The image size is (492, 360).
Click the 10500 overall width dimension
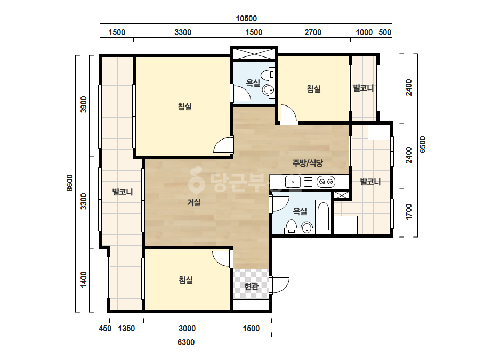pyautogui.click(x=246, y=19)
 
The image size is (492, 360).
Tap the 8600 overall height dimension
pyautogui.click(x=70, y=183)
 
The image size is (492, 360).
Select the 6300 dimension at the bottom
pyautogui.click(x=186, y=342)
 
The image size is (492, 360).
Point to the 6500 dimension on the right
pyautogui.click(x=423, y=144)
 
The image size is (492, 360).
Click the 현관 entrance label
pyautogui.click(x=251, y=287)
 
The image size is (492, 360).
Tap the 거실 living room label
pyautogui.click(x=194, y=202)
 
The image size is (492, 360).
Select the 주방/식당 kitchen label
pyautogui.click(x=308, y=163)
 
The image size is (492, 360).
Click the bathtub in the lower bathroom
pyautogui.click(x=323, y=216)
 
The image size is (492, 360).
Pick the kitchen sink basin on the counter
pyautogui.click(x=293, y=182)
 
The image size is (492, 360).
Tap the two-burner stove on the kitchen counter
pyautogui.click(x=326, y=182)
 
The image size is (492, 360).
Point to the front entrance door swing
pyautogui.click(x=279, y=285)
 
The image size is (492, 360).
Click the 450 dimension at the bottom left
pyautogui.click(x=105, y=329)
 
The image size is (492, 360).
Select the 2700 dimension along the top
pyautogui.click(x=313, y=32)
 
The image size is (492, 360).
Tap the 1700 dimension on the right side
pyautogui.click(x=408, y=212)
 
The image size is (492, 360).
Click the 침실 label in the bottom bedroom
pyautogui.click(x=185, y=280)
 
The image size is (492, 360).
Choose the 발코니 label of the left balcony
pyautogui.click(x=123, y=192)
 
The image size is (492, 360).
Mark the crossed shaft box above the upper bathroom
pyautogui.click(x=254, y=52)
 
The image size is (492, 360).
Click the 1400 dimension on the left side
pyautogui.click(x=83, y=279)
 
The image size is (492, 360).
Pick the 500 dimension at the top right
pyautogui.click(x=385, y=32)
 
